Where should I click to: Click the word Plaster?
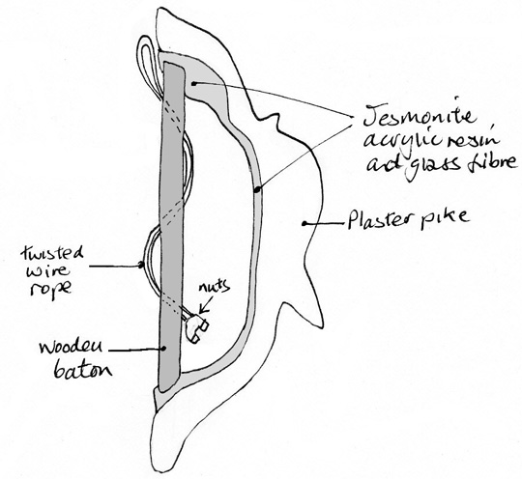click(x=380, y=218)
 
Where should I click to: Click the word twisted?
click(x=52, y=256)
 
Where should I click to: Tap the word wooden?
click(x=71, y=348)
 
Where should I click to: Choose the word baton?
click(x=82, y=370)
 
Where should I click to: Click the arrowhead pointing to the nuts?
click(x=202, y=310)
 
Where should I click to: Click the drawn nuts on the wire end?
click(x=197, y=327)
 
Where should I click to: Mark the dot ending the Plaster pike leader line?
click(x=304, y=223)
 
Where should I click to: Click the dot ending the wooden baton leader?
click(x=163, y=349)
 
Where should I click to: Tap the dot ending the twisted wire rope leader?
click(x=141, y=265)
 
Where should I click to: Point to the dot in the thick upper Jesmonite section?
click(x=193, y=84)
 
